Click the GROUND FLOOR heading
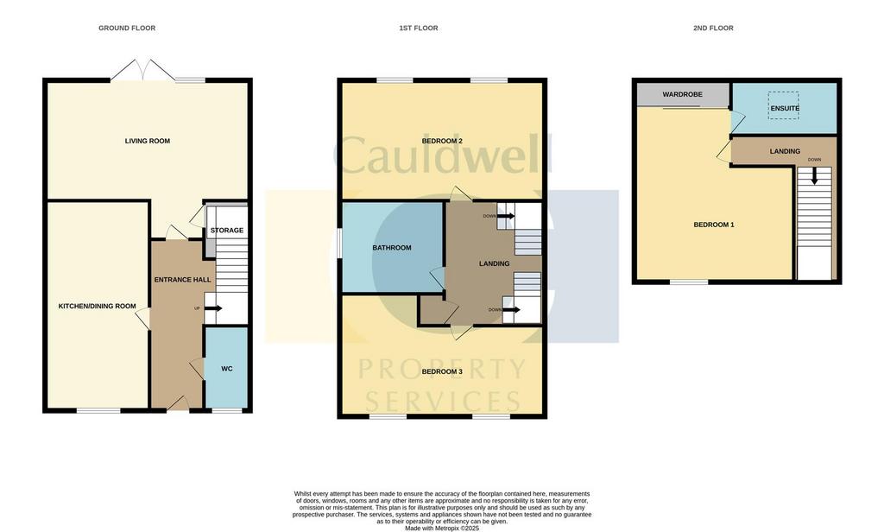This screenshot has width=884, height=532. pyautogui.click(x=127, y=28)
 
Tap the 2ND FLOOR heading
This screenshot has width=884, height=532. pyautogui.click(x=713, y=28)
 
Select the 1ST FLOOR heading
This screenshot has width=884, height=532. pyautogui.click(x=419, y=28)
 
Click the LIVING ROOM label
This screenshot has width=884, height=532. pyautogui.click(x=147, y=141)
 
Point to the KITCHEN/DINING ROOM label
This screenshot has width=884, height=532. pyautogui.click(x=97, y=307)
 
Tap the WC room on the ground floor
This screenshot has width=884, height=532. pyautogui.click(x=226, y=367)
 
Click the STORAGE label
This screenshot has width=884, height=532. pyautogui.click(x=227, y=231)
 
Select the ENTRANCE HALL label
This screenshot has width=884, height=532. pyautogui.click(x=183, y=279)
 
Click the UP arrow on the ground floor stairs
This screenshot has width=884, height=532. pyautogui.click(x=213, y=308)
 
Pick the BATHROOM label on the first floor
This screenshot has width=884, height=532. pyautogui.click(x=392, y=248)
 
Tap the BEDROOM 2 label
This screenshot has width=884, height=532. pyautogui.click(x=442, y=141)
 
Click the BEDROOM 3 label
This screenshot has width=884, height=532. pyautogui.click(x=442, y=371)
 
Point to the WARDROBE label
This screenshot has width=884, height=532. pyautogui.click(x=682, y=94)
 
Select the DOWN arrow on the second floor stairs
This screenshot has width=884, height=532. pyautogui.click(x=813, y=175)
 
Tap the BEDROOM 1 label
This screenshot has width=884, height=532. pyautogui.click(x=714, y=225)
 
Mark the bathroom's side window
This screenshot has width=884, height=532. pyautogui.click(x=339, y=244)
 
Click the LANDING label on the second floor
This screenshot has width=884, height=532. pyautogui.click(x=785, y=151)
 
